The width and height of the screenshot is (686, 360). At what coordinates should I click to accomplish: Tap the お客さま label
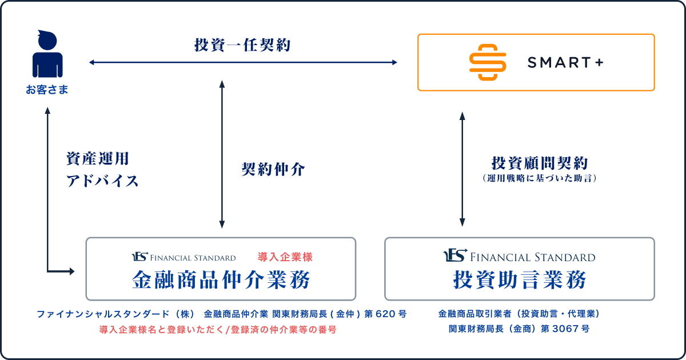[47, 90]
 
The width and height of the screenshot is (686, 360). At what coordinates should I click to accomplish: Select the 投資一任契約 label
[242, 45]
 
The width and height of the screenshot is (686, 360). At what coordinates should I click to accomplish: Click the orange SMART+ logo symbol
[488, 62]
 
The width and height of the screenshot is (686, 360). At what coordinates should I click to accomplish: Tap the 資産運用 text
[98, 158]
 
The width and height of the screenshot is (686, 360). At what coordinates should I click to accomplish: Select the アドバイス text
[103, 181]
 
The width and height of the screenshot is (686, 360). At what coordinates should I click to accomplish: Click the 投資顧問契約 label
[539, 163]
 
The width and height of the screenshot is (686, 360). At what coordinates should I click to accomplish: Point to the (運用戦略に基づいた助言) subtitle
[539, 178]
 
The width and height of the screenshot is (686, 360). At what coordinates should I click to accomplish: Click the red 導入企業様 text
[285, 257]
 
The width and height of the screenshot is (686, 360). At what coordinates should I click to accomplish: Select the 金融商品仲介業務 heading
[221, 280]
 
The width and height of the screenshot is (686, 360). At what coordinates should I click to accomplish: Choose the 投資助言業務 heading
[519, 280]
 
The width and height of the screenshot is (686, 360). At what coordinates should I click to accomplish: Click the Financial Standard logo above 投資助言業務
[519, 257]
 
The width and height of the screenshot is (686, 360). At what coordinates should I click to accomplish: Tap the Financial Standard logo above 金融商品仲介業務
[184, 257]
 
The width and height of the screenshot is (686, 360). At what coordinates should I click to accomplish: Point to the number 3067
[568, 329]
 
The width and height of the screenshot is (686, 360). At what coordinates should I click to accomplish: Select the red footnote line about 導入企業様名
[218, 329]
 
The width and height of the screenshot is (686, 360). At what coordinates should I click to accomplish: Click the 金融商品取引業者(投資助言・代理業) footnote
[519, 314]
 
